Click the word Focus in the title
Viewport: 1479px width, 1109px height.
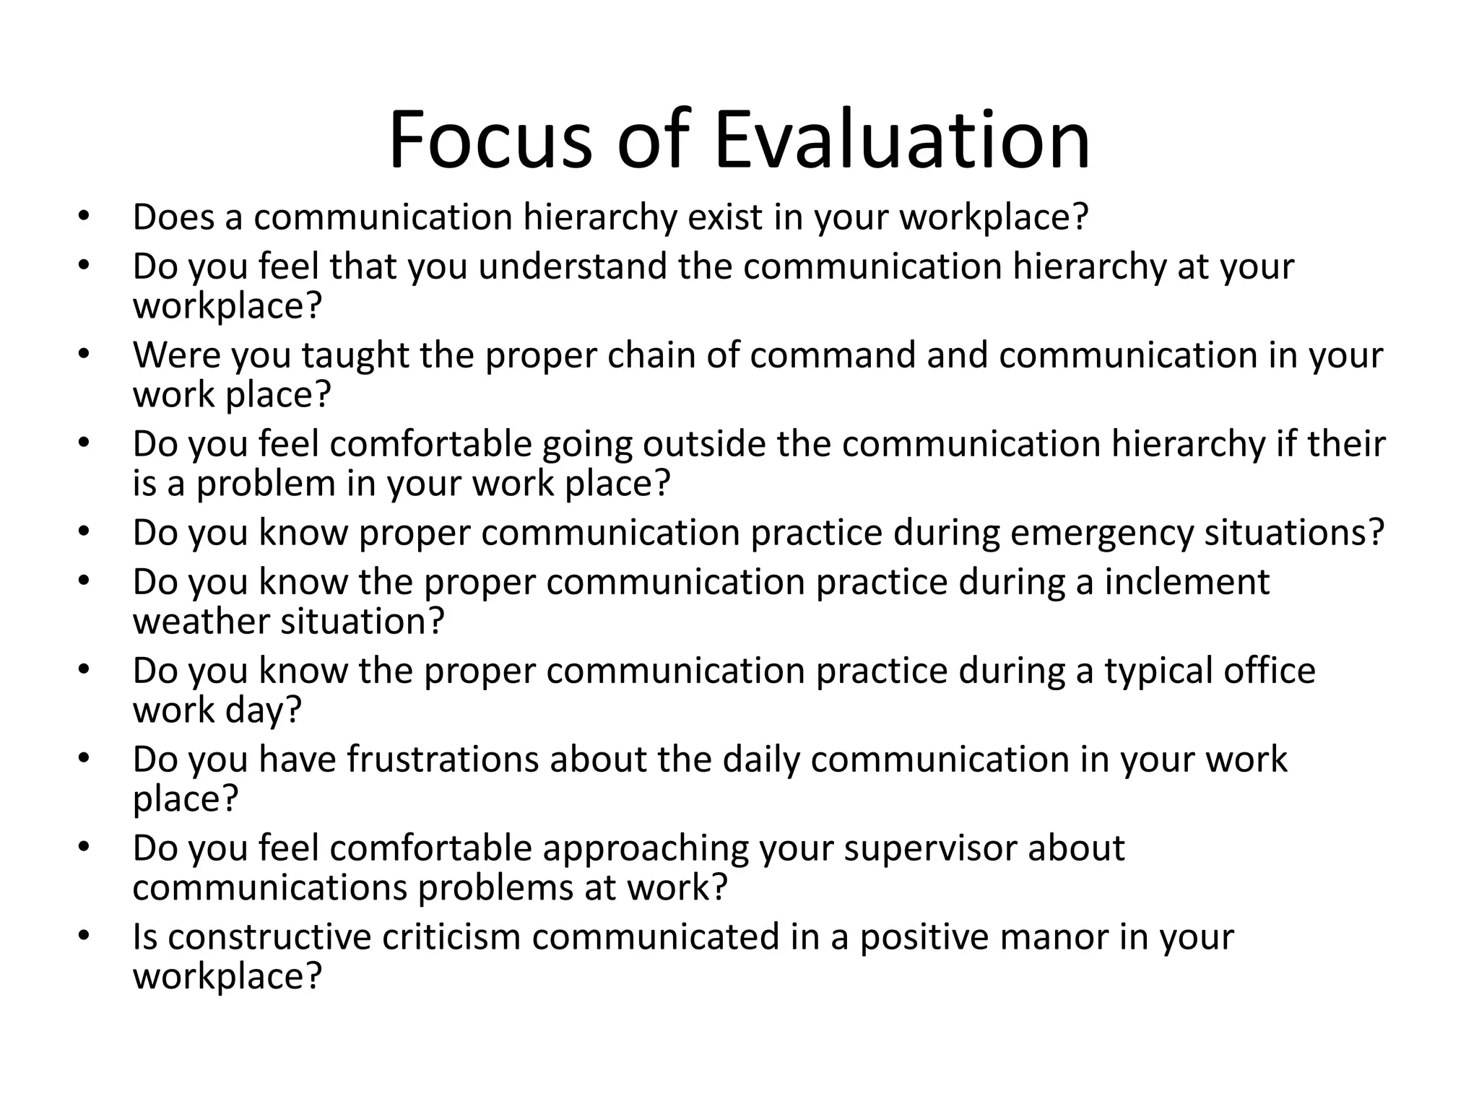click(x=490, y=139)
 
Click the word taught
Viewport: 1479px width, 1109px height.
click(x=355, y=356)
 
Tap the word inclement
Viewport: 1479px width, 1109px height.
click(x=1187, y=582)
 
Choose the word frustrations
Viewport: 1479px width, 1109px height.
click(x=442, y=760)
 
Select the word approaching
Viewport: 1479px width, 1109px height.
click(x=646, y=849)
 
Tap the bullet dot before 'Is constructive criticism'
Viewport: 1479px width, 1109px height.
click(x=84, y=936)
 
